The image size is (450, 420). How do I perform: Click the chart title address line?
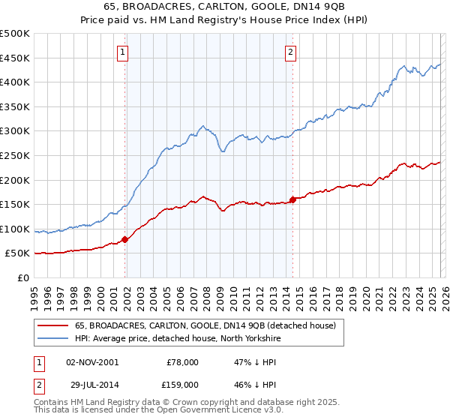225,7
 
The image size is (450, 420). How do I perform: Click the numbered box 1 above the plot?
122,52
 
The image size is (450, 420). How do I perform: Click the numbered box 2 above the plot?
290,52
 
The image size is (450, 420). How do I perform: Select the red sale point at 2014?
292,200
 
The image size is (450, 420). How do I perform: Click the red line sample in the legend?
52,325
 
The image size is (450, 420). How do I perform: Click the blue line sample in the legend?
52,338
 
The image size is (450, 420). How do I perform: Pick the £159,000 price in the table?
181,384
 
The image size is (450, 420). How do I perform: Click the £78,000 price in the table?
183,362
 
